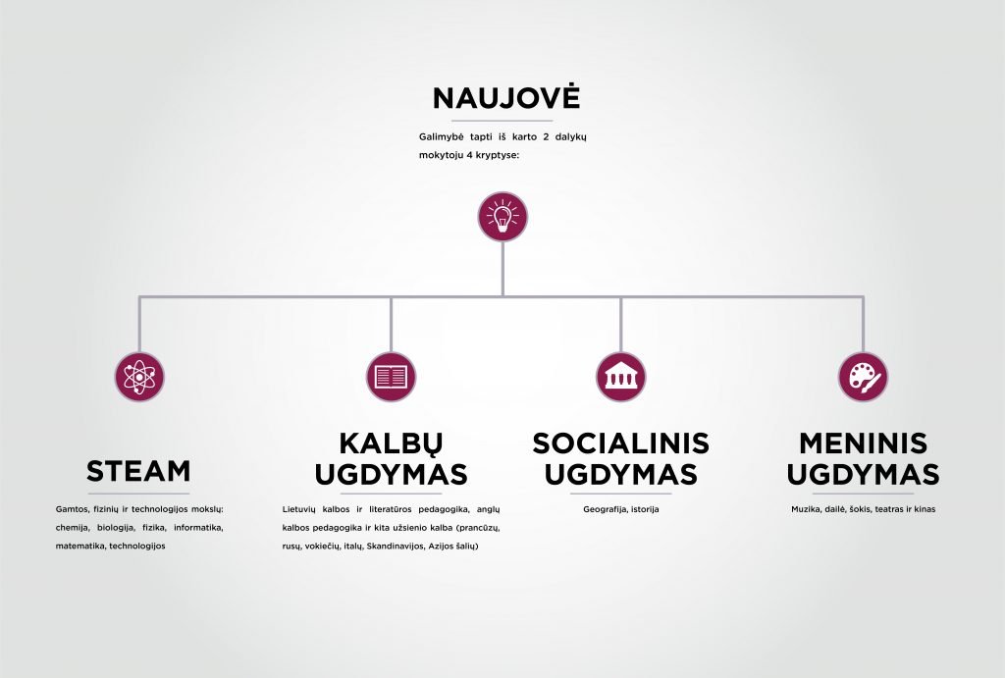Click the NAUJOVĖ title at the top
(506, 97)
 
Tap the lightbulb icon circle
(502, 217)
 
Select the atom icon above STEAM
(139, 377)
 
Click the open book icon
(391, 377)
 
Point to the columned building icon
(620, 377)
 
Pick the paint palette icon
(864, 377)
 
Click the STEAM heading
(138, 471)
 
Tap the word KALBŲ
(391, 443)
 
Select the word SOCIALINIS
(620, 443)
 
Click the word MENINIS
(864, 443)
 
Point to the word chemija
(71, 528)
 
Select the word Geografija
(605, 509)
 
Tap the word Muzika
(805, 509)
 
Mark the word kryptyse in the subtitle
(501, 155)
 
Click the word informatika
(198, 528)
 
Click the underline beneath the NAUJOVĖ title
(502, 121)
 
